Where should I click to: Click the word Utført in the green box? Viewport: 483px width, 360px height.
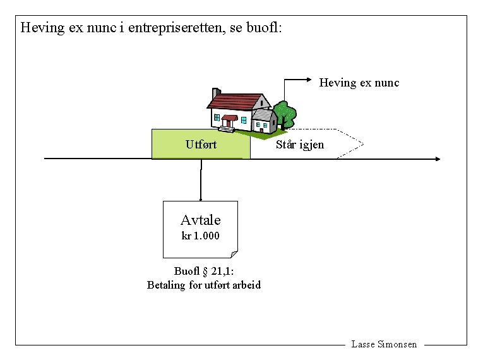201,145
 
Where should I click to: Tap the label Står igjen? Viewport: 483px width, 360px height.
300,145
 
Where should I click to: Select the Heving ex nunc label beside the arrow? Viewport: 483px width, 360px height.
359,83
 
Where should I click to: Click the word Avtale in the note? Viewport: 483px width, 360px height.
201,220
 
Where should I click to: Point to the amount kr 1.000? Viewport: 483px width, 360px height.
201,236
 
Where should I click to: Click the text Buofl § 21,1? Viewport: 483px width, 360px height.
203,272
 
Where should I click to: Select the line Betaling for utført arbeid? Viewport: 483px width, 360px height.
203,285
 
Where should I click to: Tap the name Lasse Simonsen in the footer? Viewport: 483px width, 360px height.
383,344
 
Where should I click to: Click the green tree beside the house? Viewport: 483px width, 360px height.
285,114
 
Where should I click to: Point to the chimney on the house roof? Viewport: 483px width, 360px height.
216,93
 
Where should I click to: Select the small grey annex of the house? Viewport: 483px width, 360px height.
264,121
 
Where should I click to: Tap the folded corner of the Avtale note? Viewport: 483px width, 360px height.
234,254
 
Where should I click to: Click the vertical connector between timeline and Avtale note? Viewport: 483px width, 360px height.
201,180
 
